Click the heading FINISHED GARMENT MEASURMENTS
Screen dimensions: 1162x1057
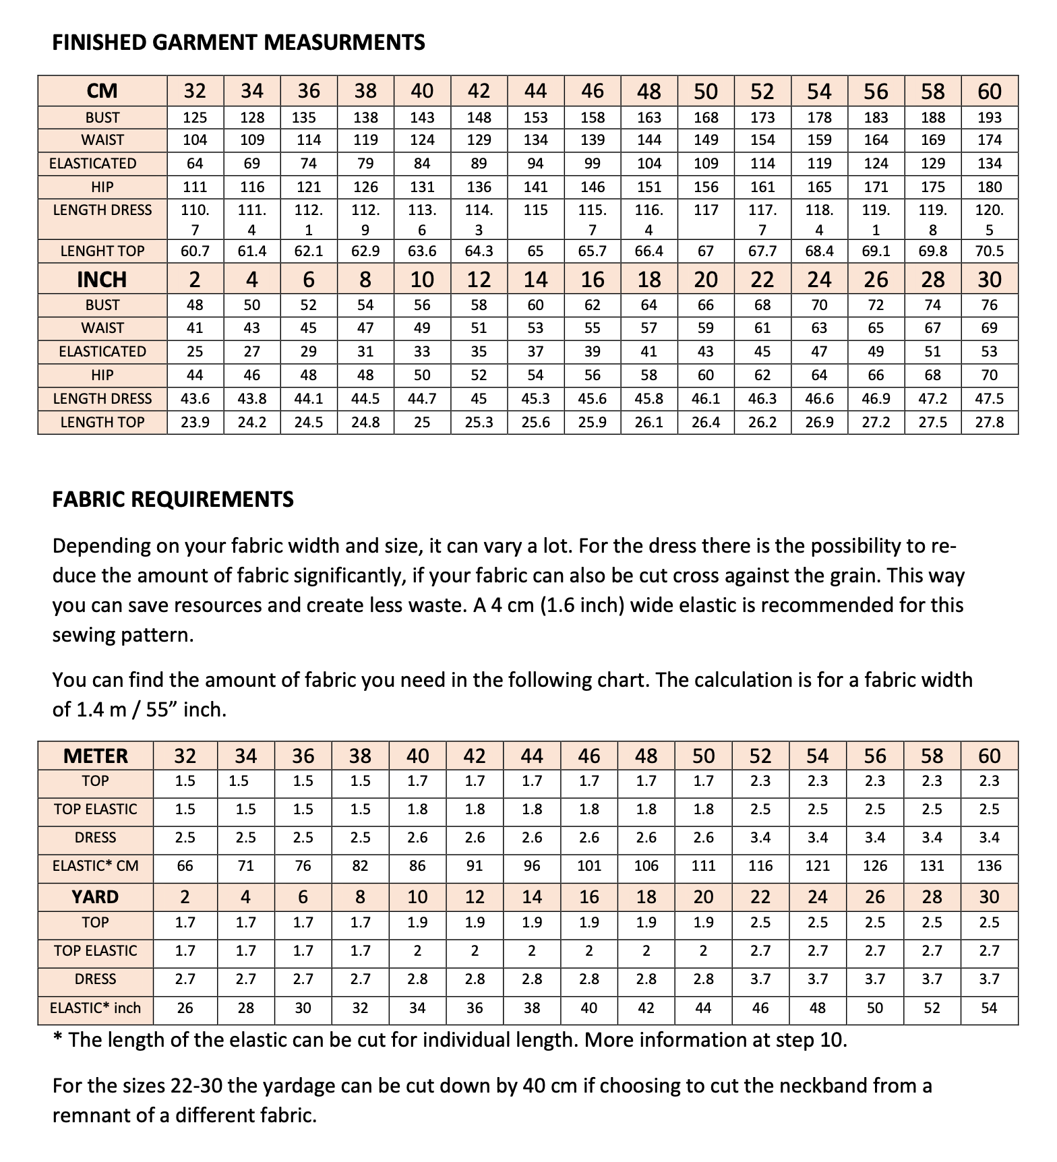pyautogui.click(x=239, y=43)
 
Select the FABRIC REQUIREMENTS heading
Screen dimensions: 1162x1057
pyautogui.click(x=173, y=499)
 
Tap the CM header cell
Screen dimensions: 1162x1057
pyautogui.click(x=102, y=91)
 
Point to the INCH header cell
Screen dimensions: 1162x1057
pyautogui.click(x=102, y=280)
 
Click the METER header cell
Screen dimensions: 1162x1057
pyautogui.click(x=95, y=756)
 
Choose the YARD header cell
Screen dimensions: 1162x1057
pyautogui.click(x=95, y=897)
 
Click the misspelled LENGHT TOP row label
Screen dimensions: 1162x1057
pyautogui.click(x=102, y=251)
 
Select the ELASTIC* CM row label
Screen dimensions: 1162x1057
pyautogui.click(x=95, y=865)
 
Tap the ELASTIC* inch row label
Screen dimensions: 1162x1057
pyautogui.click(x=95, y=1008)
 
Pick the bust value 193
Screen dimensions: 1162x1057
pyautogui.click(x=989, y=118)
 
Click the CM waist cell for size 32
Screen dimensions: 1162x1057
pyautogui.click(x=195, y=140)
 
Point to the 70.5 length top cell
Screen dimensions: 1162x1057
pyautogui.click(x=989, y=251)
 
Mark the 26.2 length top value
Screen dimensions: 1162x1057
pyautogui.click(x=762, y=422)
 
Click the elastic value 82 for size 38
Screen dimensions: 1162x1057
pyautogui.click(x=360, y=865)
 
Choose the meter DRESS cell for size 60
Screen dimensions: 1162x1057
pyautogui.click(x=989, y=838)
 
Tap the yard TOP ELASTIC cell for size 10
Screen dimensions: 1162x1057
pyautogui.click(x=417, y=951)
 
